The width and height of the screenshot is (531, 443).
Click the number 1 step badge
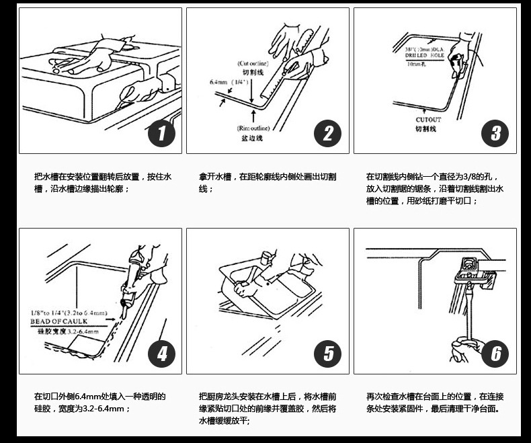point(161,133)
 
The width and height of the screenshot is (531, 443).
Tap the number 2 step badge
point(328,133)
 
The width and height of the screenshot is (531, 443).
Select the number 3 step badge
point(495,133)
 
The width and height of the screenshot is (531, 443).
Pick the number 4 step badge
point(161,354)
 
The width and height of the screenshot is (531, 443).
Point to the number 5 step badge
point(328,354)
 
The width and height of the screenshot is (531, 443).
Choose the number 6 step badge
point(495,354)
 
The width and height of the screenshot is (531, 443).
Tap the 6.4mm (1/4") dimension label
point(229,82)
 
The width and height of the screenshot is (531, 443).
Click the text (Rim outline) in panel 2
point(253,128)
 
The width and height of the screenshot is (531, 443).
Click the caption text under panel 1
point(102,183)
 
